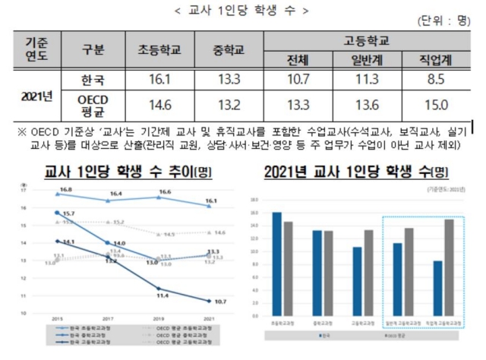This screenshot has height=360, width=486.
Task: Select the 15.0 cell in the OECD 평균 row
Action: [439, 105]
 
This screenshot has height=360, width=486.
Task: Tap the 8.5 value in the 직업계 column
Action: [439, 80]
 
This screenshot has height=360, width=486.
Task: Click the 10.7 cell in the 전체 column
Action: [297, 80]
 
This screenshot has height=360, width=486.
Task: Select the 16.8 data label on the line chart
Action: [65, 189]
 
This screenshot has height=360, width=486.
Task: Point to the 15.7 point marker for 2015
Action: [58, 213]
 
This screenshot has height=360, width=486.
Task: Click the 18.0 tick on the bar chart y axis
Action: [254, 201]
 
